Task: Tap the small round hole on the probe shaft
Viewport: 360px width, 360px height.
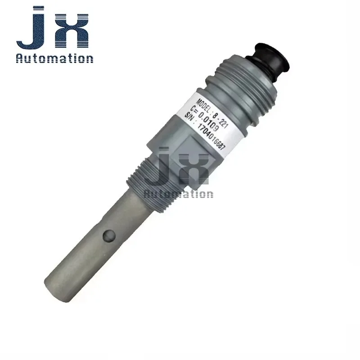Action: [109, 235]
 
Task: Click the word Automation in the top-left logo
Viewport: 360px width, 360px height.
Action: [54, 58]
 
